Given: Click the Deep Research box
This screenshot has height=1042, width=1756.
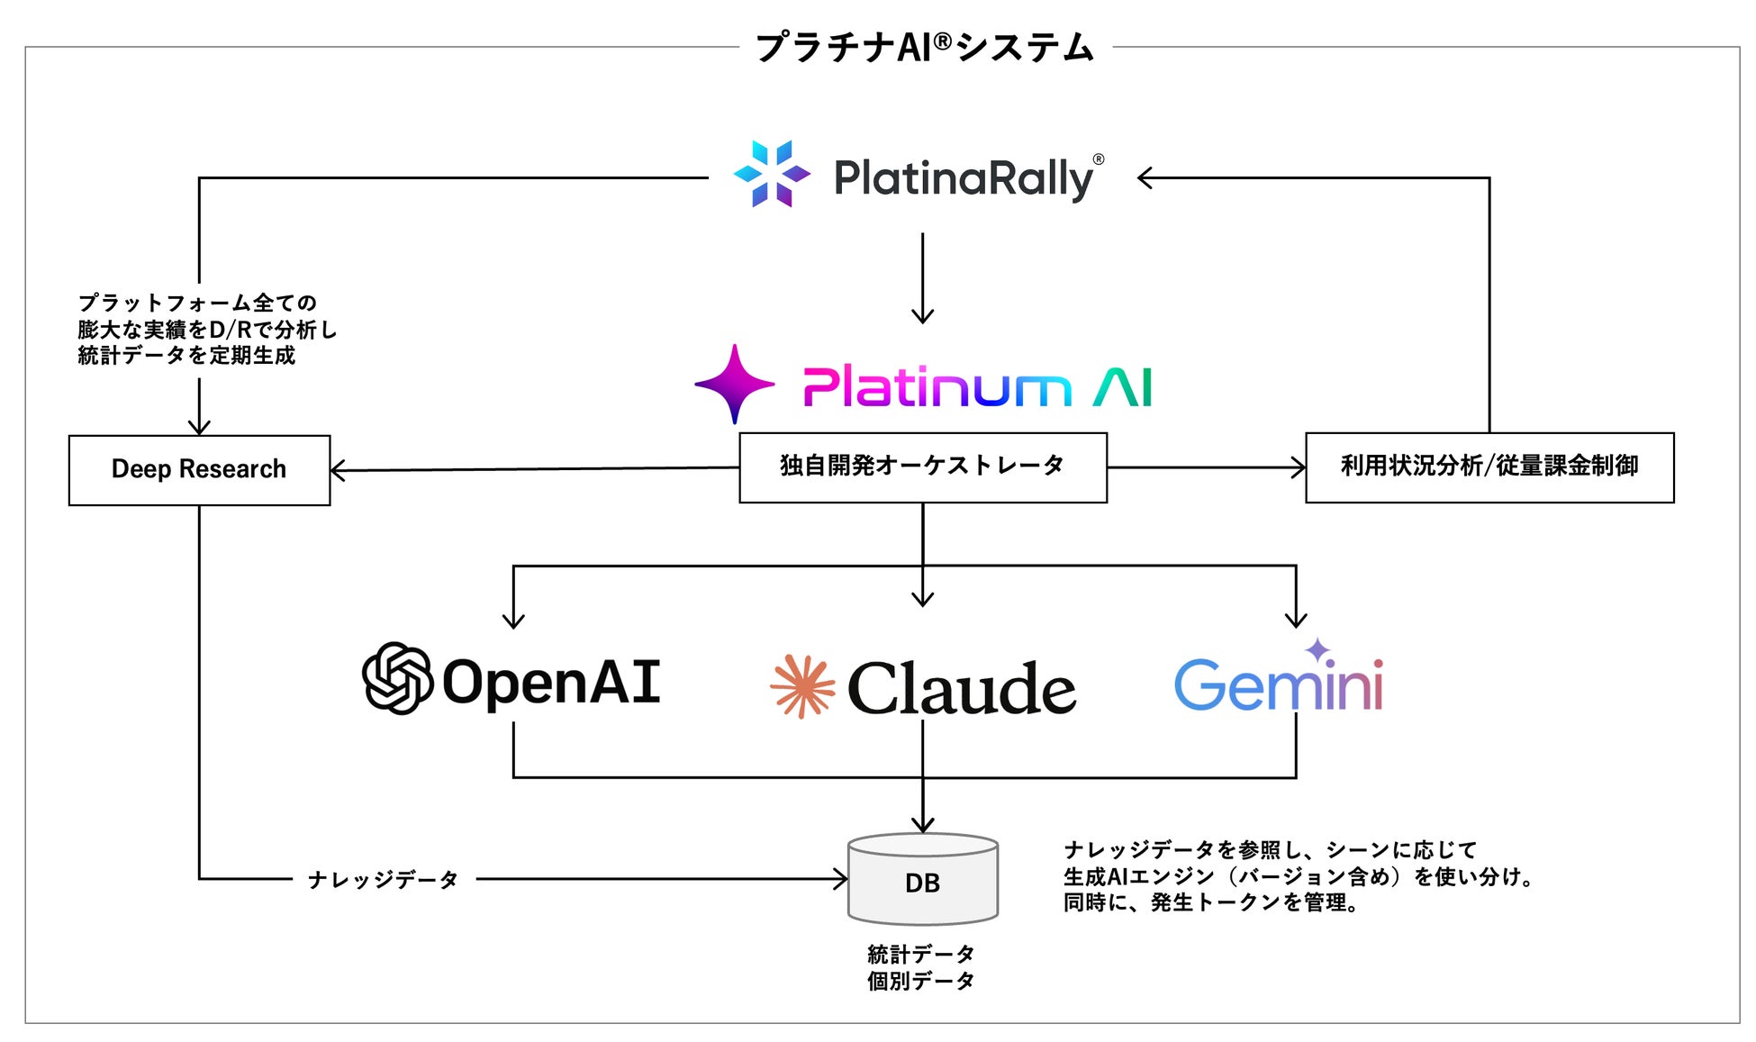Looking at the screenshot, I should (x=199, y=469).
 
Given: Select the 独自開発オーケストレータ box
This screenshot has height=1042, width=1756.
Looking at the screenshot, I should (x=922, y=467).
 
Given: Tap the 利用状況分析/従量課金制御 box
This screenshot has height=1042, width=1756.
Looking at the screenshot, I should (x=1489, y=467).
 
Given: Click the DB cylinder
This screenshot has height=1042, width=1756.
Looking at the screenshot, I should (x=922, y=880).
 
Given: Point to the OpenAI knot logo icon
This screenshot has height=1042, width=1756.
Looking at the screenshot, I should (x=397, y=678).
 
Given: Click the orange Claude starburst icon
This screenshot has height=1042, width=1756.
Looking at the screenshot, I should (x=801, y=686).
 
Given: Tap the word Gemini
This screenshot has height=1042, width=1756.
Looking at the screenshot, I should (x=1278, y=685).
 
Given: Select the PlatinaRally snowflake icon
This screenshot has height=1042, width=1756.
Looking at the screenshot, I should (x=772, y=174).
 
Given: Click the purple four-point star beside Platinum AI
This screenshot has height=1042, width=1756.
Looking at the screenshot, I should (x=735, y=384).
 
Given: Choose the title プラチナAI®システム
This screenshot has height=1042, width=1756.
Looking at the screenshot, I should (x=924, y=47).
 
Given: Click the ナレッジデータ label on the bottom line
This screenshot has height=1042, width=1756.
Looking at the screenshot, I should (x=384, y=880).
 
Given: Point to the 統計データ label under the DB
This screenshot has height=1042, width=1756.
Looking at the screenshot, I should (x=920, y=954).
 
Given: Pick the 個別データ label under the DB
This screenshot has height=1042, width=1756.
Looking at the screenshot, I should (x=920, y=981).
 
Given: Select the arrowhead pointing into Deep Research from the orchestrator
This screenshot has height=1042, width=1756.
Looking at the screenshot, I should (x=338, y=470).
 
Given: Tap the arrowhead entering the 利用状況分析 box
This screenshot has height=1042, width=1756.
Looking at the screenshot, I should (x=1299, y=467).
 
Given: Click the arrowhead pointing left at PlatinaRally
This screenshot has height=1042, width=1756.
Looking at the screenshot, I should (x=1145, y=178).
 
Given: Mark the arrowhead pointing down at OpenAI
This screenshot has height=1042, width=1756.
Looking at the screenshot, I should (x=513, y=620).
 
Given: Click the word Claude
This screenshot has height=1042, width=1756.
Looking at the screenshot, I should (x=961, y=689).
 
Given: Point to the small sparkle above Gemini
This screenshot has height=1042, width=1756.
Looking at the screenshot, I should (x=1317, y=649).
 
